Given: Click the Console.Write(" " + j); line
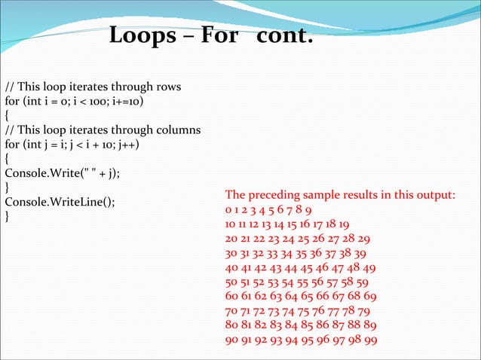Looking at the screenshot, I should click(x=63, y=173).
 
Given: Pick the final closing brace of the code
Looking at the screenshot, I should click(x=8, y=217).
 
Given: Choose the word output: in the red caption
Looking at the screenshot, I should click(x=432, y=195).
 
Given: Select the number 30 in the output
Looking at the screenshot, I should click(x=231, y=253).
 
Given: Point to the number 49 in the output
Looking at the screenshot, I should click(x=369, y=267).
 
